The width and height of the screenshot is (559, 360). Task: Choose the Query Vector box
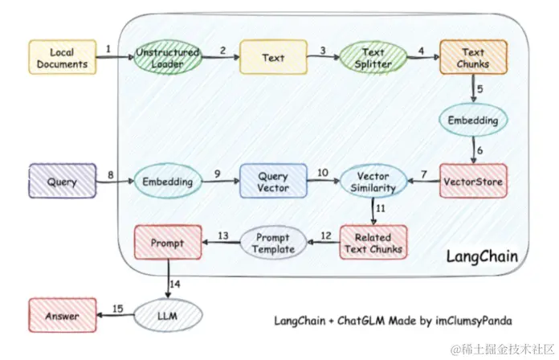[273, 182]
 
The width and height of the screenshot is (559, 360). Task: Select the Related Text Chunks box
[373, 243]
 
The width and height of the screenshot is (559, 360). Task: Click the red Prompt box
[168, 243]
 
